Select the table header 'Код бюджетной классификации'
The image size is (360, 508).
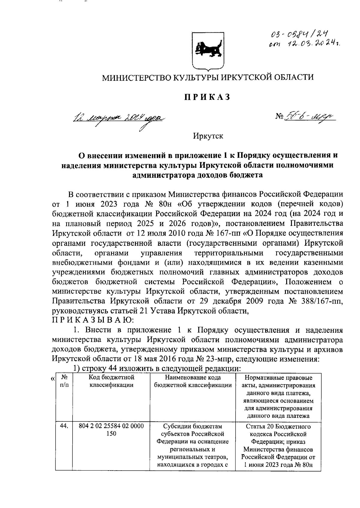click(111, 381)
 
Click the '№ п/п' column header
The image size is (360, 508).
click(64, 381)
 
